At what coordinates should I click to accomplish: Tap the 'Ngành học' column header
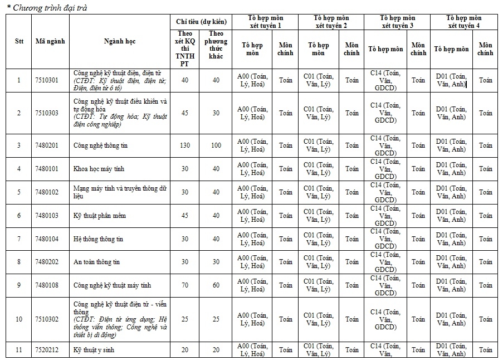(119, 41)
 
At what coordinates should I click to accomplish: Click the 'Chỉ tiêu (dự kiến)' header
(201, 21)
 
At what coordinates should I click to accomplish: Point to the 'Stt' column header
(19, 41)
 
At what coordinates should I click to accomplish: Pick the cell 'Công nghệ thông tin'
(97, 145)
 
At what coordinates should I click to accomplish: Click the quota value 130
(185, 145)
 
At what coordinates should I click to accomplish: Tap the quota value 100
(216, 145)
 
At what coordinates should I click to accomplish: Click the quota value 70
(185, 285)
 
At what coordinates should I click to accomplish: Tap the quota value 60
(216, 285)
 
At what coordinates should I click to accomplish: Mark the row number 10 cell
(19, 319)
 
